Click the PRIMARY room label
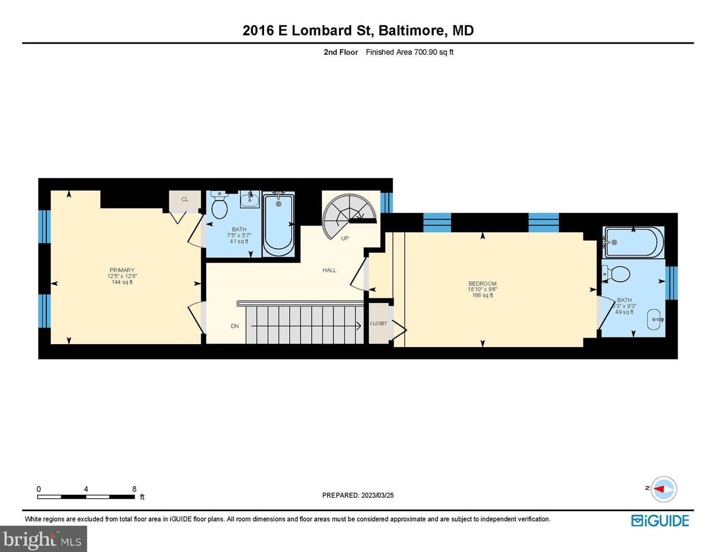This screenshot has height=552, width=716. (x=122, y=270)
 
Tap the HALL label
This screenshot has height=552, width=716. (x=329, y=270)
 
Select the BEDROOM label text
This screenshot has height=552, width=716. (x=483, y=283)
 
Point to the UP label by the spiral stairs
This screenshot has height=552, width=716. (x=344, y=238)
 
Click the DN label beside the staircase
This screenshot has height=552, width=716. (x=234, y=326)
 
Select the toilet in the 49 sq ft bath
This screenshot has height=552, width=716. (x=616, y=274)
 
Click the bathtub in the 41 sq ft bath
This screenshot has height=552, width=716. (x=279, y=225)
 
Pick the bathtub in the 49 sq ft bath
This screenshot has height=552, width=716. (x=633, y=242)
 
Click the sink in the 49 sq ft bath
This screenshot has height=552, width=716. (x=655, y=319)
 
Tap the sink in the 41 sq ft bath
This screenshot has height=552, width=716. (x=250, y=199)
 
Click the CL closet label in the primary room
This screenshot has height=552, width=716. (x=185, y=199)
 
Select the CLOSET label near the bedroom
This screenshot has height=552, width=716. (x=378, y=323)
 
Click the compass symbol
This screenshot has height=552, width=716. (x=664, y=489)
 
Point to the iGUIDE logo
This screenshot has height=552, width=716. (x=660, y=521)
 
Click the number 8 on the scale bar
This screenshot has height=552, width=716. (x=134, y=489)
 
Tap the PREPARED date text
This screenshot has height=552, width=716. (x=358, y=495)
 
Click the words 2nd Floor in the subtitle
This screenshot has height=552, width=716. (x=341, y=52)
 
